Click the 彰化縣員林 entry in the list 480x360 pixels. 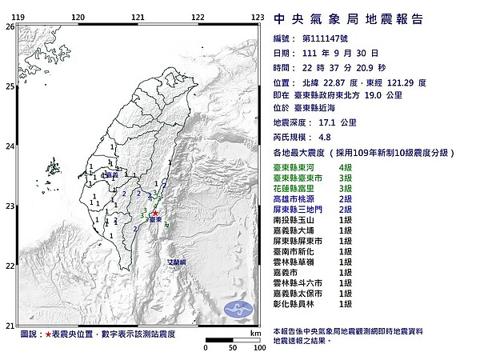298,304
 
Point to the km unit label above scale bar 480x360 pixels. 255,333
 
